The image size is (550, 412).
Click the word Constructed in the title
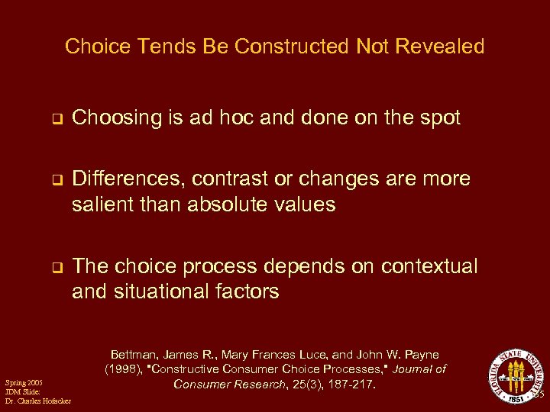[293, 47]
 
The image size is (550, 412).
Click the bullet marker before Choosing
[56, 119]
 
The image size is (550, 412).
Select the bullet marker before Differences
[56, 180]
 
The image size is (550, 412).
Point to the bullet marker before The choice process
[56, 268]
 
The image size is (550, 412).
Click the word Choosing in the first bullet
[117, 118]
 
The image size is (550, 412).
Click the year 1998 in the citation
[125, 369]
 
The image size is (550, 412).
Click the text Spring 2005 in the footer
[23, 381]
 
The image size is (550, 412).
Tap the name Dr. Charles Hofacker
[37, 401]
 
